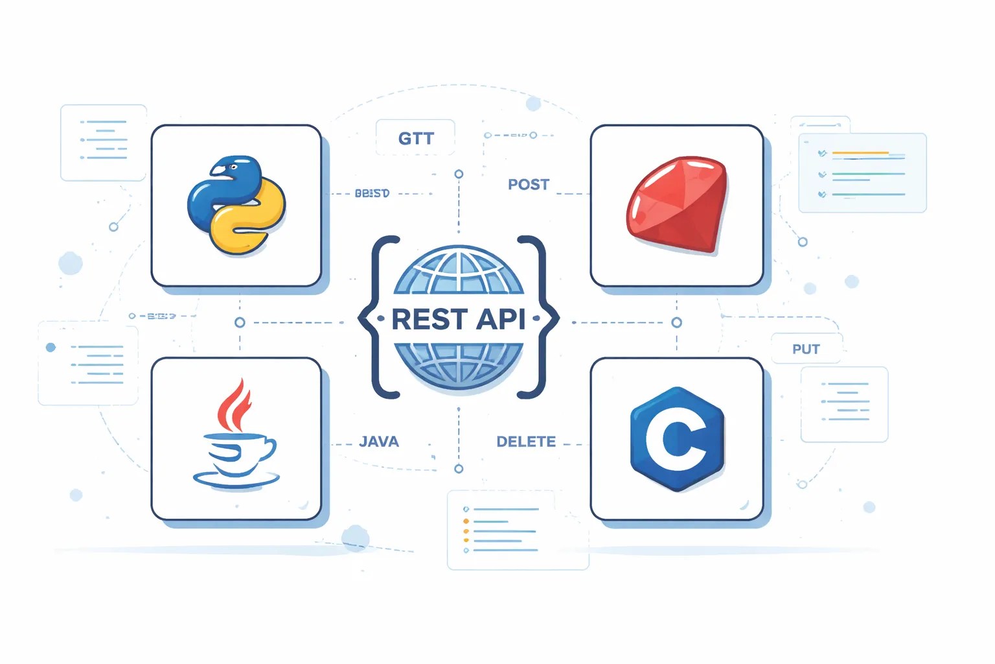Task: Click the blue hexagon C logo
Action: click(x=676, y=439)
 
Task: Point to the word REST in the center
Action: click(x=429, y=320)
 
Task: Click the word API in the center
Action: click(x=501, y=320)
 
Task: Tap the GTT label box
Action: click(x=415, y=138)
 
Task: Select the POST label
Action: click(x=529, y=185)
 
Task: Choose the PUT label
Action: click(x=806, y=349)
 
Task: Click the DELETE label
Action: click(x=526, y=442)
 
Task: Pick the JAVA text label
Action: click(x=379, y=442)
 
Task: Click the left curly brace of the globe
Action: click(x=378, y=318)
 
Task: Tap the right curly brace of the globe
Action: click(x=540, y=318)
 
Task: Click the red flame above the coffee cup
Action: click(x=234, y=406)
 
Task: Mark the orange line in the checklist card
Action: click(x=860, y=153)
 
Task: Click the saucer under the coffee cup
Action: click(x=236, y=480)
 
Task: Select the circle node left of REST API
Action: click(x=240, y=322)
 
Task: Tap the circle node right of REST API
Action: click(x=677, y=322)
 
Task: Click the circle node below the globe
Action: click(x=459, y=469)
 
